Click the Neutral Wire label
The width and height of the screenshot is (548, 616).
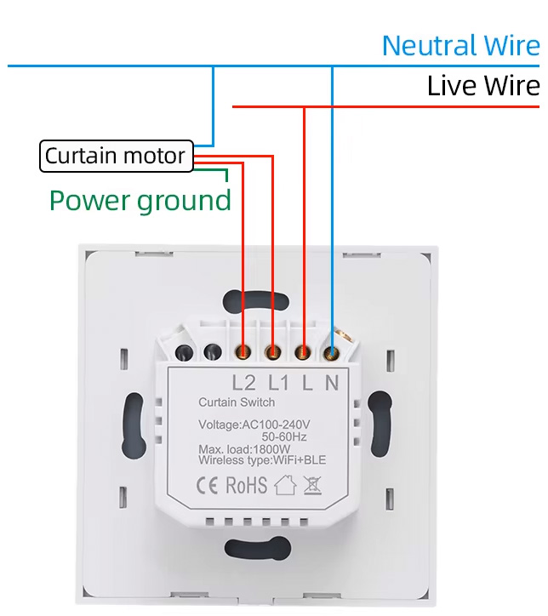460,45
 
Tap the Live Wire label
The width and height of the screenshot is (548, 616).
482,86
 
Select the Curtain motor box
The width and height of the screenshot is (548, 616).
116,157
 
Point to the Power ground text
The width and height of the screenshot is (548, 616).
140,201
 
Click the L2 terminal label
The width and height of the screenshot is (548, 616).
244,383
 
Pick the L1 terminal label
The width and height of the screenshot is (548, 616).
279,383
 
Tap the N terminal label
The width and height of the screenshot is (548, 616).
331,383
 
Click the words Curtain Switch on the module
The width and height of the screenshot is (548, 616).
237,402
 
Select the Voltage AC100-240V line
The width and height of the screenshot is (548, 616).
254,425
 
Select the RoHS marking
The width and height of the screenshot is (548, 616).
247,486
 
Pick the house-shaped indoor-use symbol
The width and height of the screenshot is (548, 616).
284,485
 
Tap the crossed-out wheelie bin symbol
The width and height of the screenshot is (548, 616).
311,485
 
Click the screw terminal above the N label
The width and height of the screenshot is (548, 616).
331,351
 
